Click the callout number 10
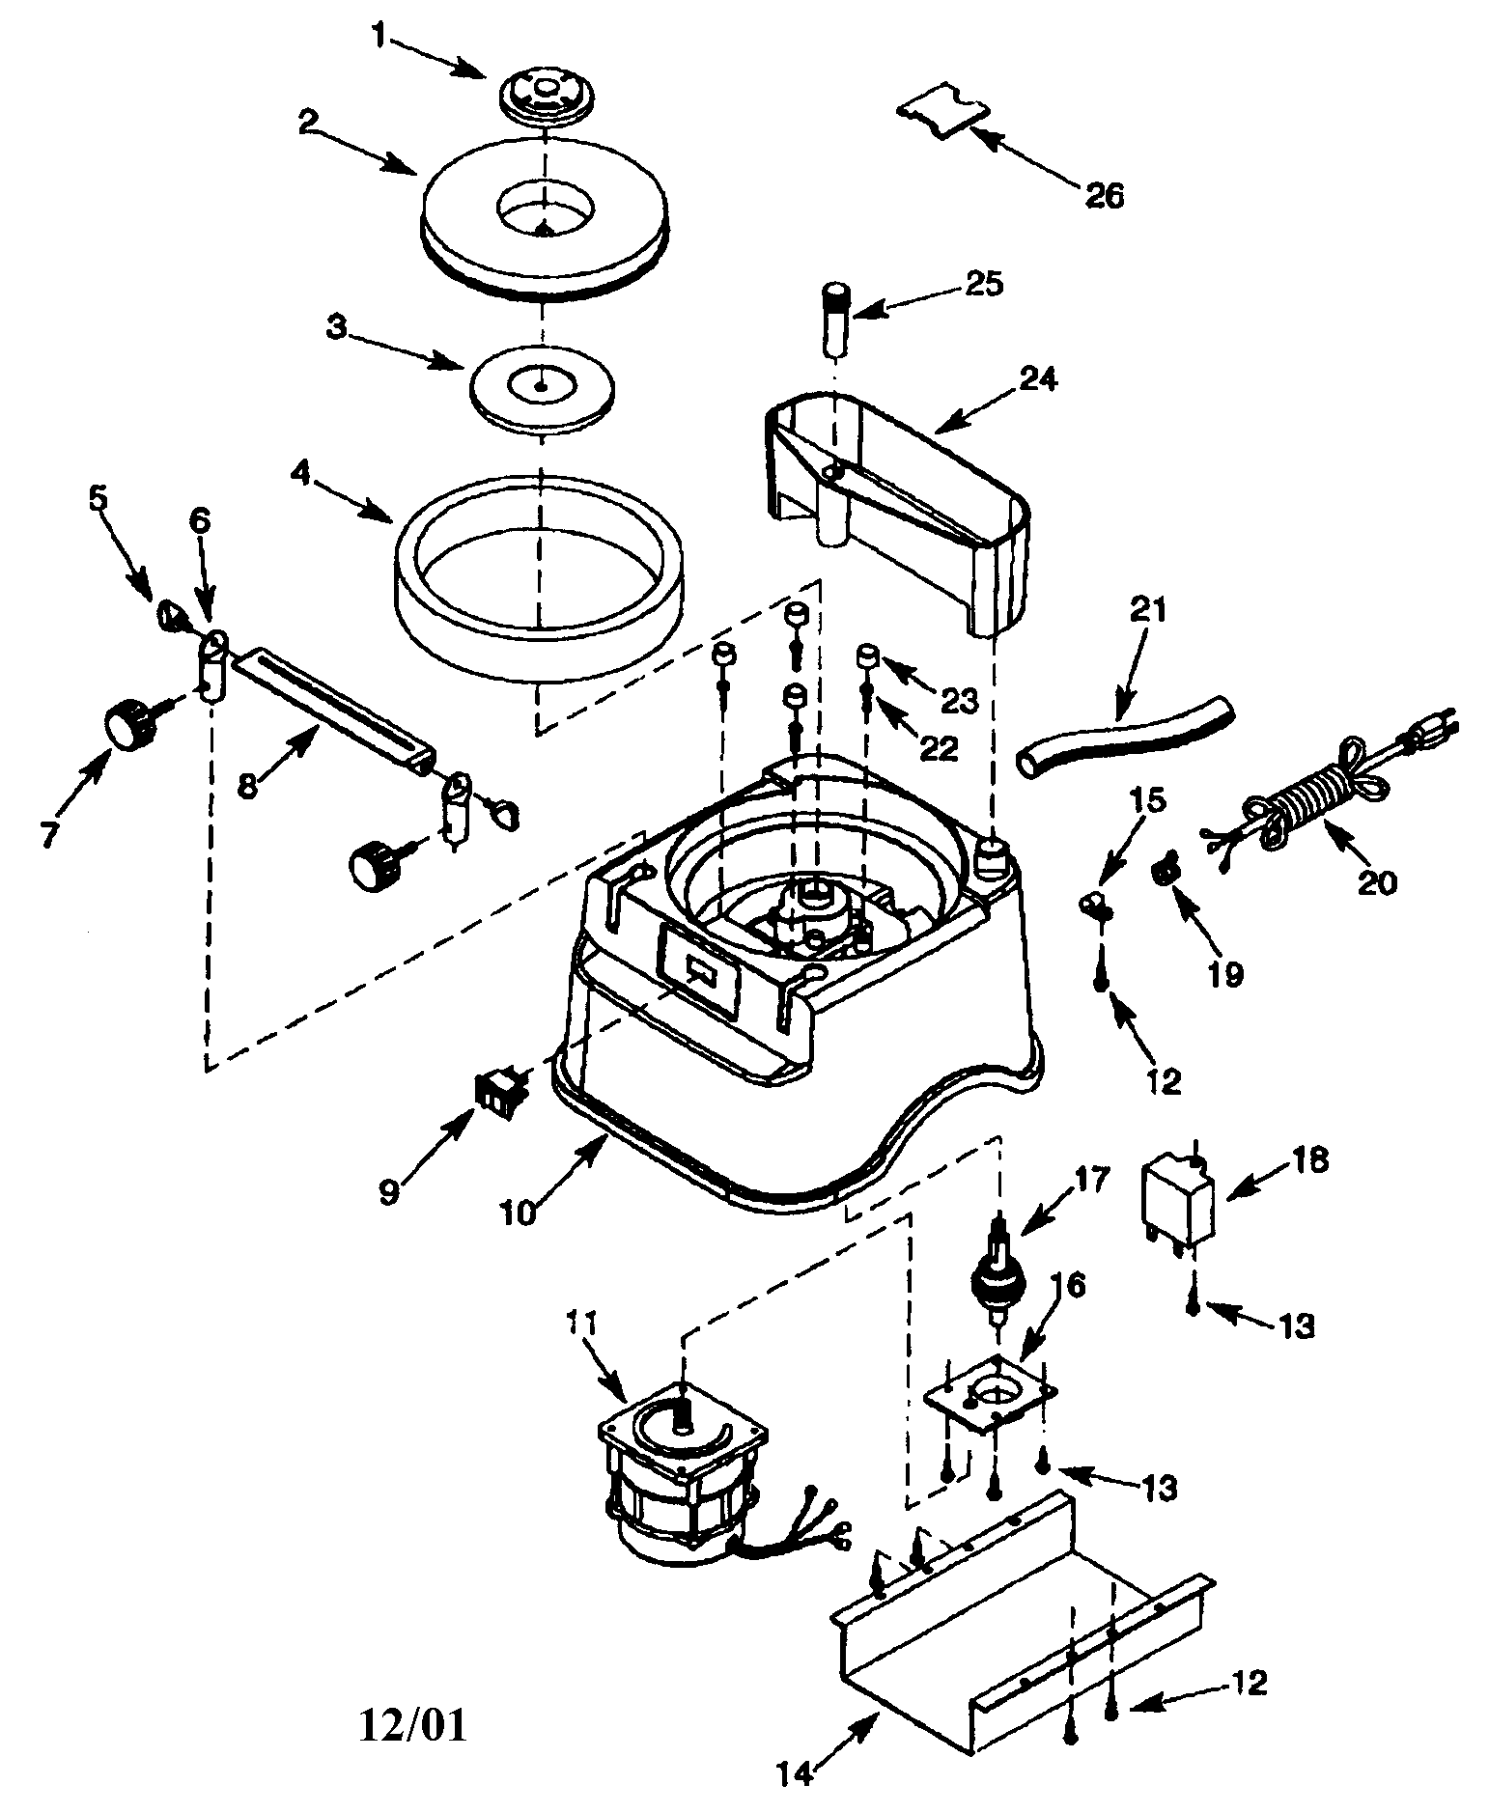point(518,1212)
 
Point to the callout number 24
point(1037,378)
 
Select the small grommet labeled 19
point(1166,872)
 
